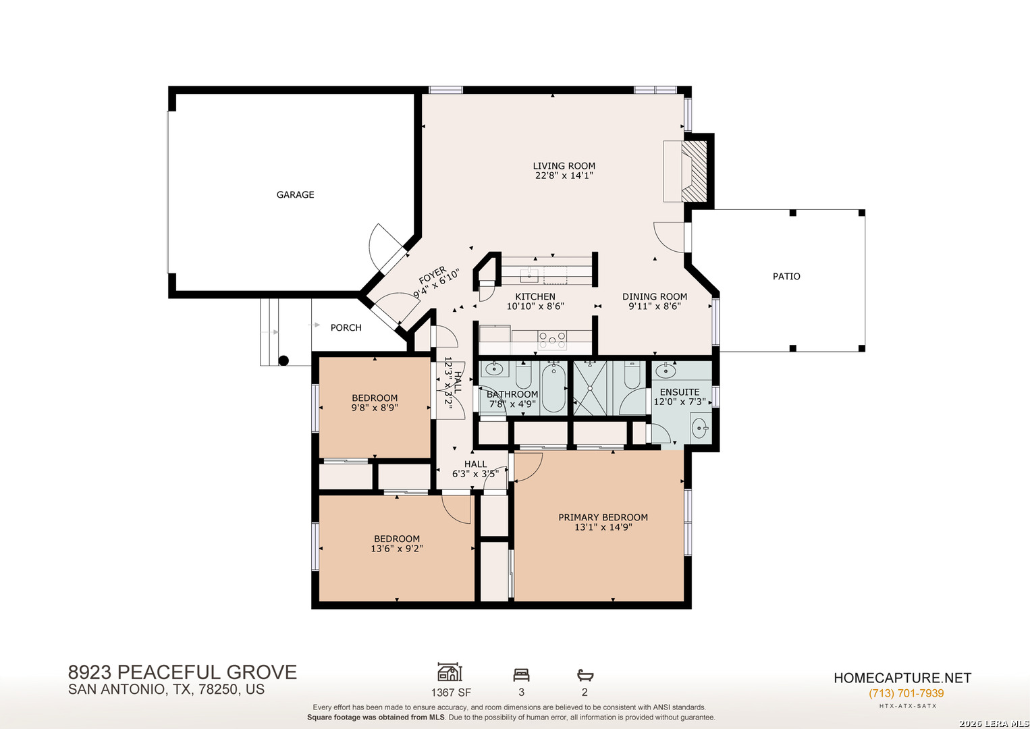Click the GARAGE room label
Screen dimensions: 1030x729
pos(295,194)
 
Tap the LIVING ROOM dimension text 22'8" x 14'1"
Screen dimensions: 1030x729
pos(564,175)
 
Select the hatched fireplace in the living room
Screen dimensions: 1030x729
pos(694,171)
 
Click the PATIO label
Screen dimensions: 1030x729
pos(786,277)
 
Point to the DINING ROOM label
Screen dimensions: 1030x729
pos(655,296)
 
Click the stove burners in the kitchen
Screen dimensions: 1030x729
pos(552,340)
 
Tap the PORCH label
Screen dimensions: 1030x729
pos(346,327)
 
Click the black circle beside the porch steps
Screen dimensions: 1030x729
pos(283,360)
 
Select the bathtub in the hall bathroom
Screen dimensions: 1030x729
pos(553,387)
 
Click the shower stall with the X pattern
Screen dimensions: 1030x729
pos(590,388)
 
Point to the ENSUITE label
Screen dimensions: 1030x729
pos(680,392)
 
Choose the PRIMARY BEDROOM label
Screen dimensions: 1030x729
pos(603,518)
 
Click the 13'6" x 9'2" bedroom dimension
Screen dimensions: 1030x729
pos(397,548)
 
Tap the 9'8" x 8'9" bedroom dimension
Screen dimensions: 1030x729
pos(375,408)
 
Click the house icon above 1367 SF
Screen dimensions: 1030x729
pos(450,672)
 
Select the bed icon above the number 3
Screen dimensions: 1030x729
pos(522,675)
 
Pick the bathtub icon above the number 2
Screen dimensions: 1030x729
pos(585,675)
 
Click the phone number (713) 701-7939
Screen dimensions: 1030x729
pos(906,693)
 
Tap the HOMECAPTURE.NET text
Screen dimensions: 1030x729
pos(902,678)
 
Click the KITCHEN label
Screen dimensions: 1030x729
pos(535,296)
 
